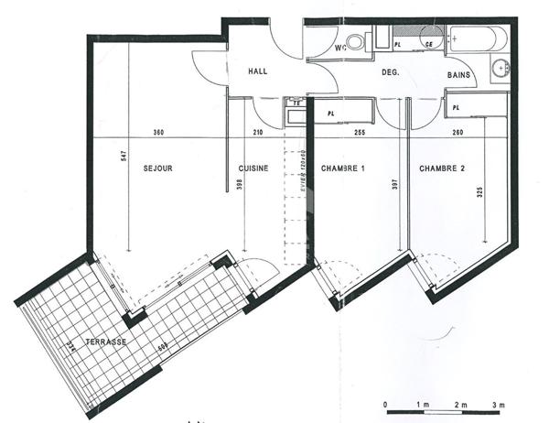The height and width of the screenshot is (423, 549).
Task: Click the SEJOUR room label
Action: [158, 168]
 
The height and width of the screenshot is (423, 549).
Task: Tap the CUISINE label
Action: [253, 168]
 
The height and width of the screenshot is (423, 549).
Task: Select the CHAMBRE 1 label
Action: [343, 168]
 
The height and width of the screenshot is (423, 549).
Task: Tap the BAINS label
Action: [458, 75]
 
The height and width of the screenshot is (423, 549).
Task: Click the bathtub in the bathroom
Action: [475, 39]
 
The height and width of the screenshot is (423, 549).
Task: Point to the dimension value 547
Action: [124, 156]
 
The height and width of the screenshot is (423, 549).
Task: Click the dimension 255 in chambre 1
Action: [359, 134]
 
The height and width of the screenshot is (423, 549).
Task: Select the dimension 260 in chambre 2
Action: [457, 134]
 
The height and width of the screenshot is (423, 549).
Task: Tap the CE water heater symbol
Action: [428, 43]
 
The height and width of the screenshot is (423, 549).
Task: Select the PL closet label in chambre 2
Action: [456, 108]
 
